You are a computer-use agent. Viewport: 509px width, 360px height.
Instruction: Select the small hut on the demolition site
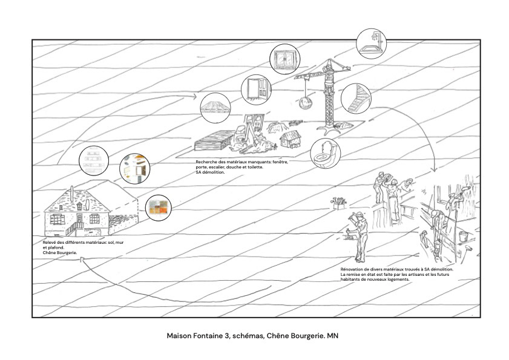click(x=291, y=139)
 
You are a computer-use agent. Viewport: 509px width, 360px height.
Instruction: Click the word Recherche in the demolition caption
click(x=206, y=162)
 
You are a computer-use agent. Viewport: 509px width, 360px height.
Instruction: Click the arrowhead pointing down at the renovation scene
click(x=433, y=170)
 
